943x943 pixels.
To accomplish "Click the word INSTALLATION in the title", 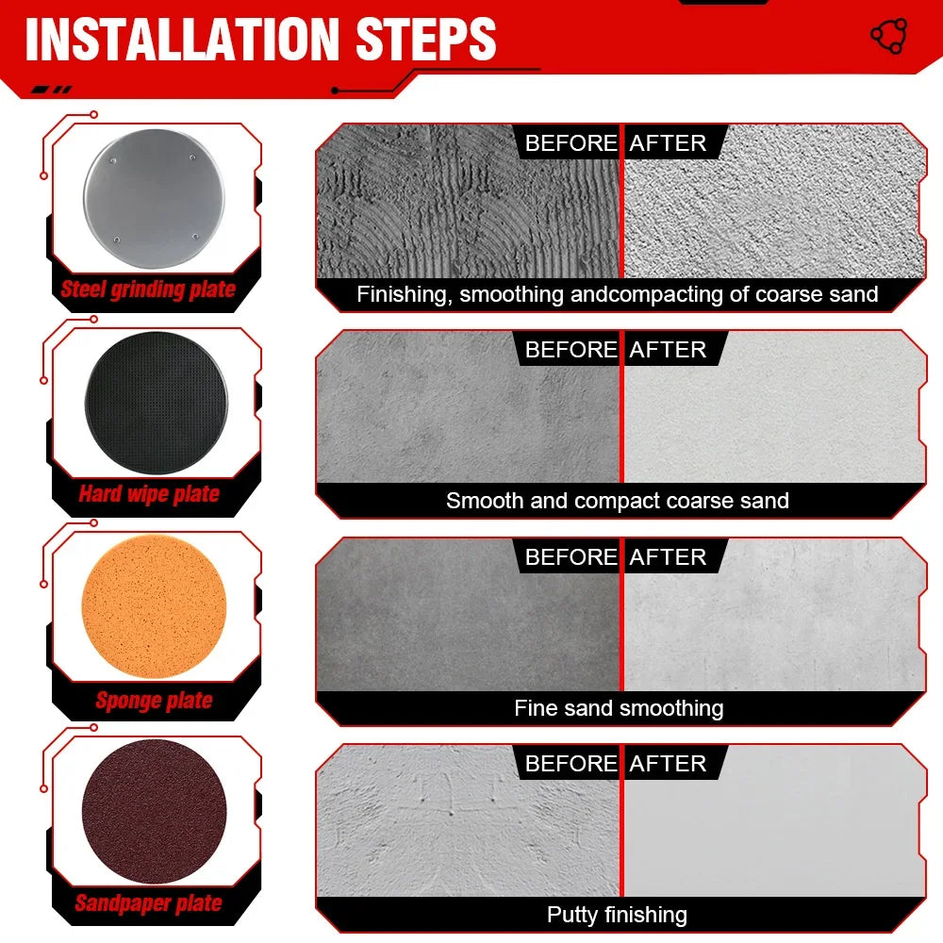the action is tap(183, 39).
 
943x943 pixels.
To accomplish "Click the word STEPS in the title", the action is tap(426, 39).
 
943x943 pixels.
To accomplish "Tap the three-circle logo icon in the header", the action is tap(889, 36).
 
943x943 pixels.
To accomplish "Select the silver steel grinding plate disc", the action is tap(155, 198).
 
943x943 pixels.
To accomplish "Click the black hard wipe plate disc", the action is tap(157, 403).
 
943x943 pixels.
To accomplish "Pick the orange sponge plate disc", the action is tap(154, 606).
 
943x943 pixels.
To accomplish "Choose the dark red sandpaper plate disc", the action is tap(155, 811).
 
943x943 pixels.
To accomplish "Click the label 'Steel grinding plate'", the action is tap(148, 290).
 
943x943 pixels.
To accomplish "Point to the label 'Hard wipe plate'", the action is tap(149, 494).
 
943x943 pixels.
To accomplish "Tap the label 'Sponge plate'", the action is tap(154, 700).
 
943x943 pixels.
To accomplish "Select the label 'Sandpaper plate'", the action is tap(149, 902).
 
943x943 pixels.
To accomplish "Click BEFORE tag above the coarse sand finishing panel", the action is tap(571, 143).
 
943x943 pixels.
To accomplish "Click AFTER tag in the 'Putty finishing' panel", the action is tap(668, 763).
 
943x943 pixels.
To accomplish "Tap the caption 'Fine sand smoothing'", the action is tap(619, 708).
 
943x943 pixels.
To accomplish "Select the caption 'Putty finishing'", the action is tap(617, 915).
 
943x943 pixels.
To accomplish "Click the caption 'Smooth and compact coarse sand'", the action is tap(618, 501).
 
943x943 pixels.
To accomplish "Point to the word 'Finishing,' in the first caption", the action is tap(405, 294).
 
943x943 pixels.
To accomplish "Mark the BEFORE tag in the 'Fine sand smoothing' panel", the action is tap(571, 557).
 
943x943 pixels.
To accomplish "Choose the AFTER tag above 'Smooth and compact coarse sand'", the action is tap(668, 350).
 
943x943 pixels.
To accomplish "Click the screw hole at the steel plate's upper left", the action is tap(113, 161).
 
